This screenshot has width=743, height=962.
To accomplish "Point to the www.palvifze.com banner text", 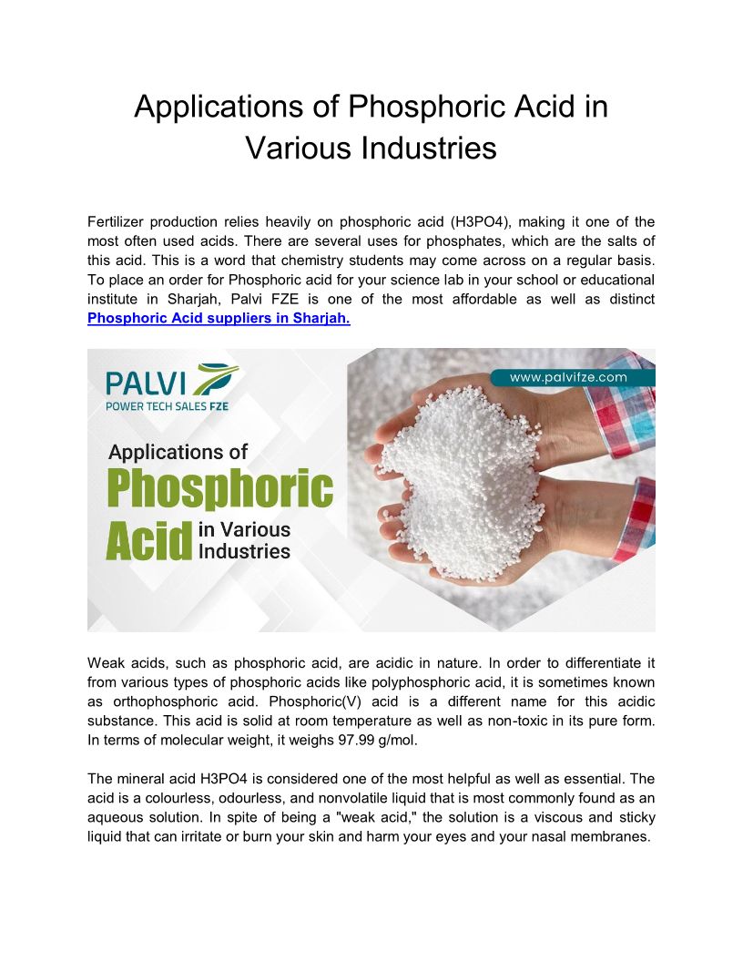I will click(x=568, y=376).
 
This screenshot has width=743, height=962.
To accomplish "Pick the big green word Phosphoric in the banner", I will click(x=220, y=489).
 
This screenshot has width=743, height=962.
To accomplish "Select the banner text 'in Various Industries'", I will click(x=244, y=540).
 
